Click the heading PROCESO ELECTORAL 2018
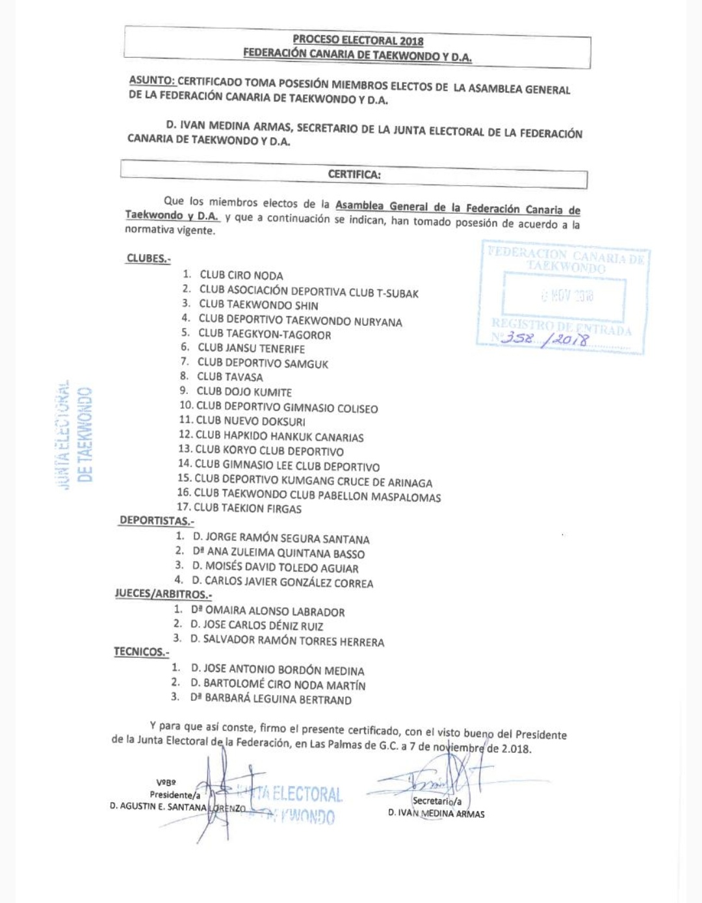(357, 40)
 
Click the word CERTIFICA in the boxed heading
(354, 174)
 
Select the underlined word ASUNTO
(151, 81)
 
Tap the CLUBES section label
(148, 258)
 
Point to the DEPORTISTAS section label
(156, 521)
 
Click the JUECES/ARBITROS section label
(163, 594)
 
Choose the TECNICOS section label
(141, 651)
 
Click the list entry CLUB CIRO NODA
(241, 275)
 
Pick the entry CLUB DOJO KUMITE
(244, 391)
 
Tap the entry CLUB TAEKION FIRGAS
(248, 508)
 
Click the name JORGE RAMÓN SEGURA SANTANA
(281, 538)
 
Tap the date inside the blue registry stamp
(567, 296)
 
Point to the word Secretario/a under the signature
(437, 801)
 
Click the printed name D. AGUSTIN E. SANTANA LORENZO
(177, 807)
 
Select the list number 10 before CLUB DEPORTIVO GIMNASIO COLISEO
(186, 406)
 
